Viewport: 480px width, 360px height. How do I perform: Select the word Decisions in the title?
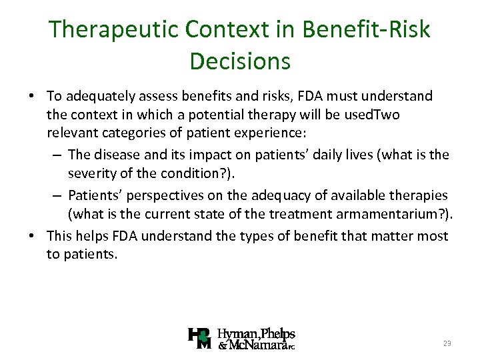pyautogui.click(x=240, y=61)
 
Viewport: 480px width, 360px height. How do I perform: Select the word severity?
pyautogui.click(x=93, y=173)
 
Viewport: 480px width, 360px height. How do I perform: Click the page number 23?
pyautogui.click(x=446, y=343)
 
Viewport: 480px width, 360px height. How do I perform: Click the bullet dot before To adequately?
pyautogui.click(x=32, y=97)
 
